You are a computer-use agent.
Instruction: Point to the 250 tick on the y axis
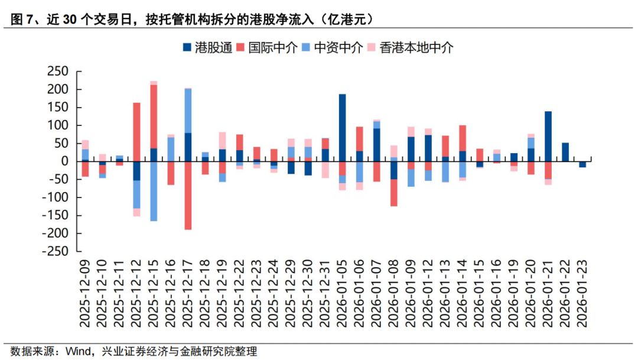(x=58, y=72)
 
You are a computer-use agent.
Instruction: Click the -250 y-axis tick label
(x=56, y=251)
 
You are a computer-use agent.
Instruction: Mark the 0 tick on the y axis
(x=64, y=161)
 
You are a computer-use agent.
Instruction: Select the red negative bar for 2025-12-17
(x=188, y=195)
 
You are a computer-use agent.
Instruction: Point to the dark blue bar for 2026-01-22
(x=565, y=152)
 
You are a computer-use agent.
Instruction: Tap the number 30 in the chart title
(x=70, y=20)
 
